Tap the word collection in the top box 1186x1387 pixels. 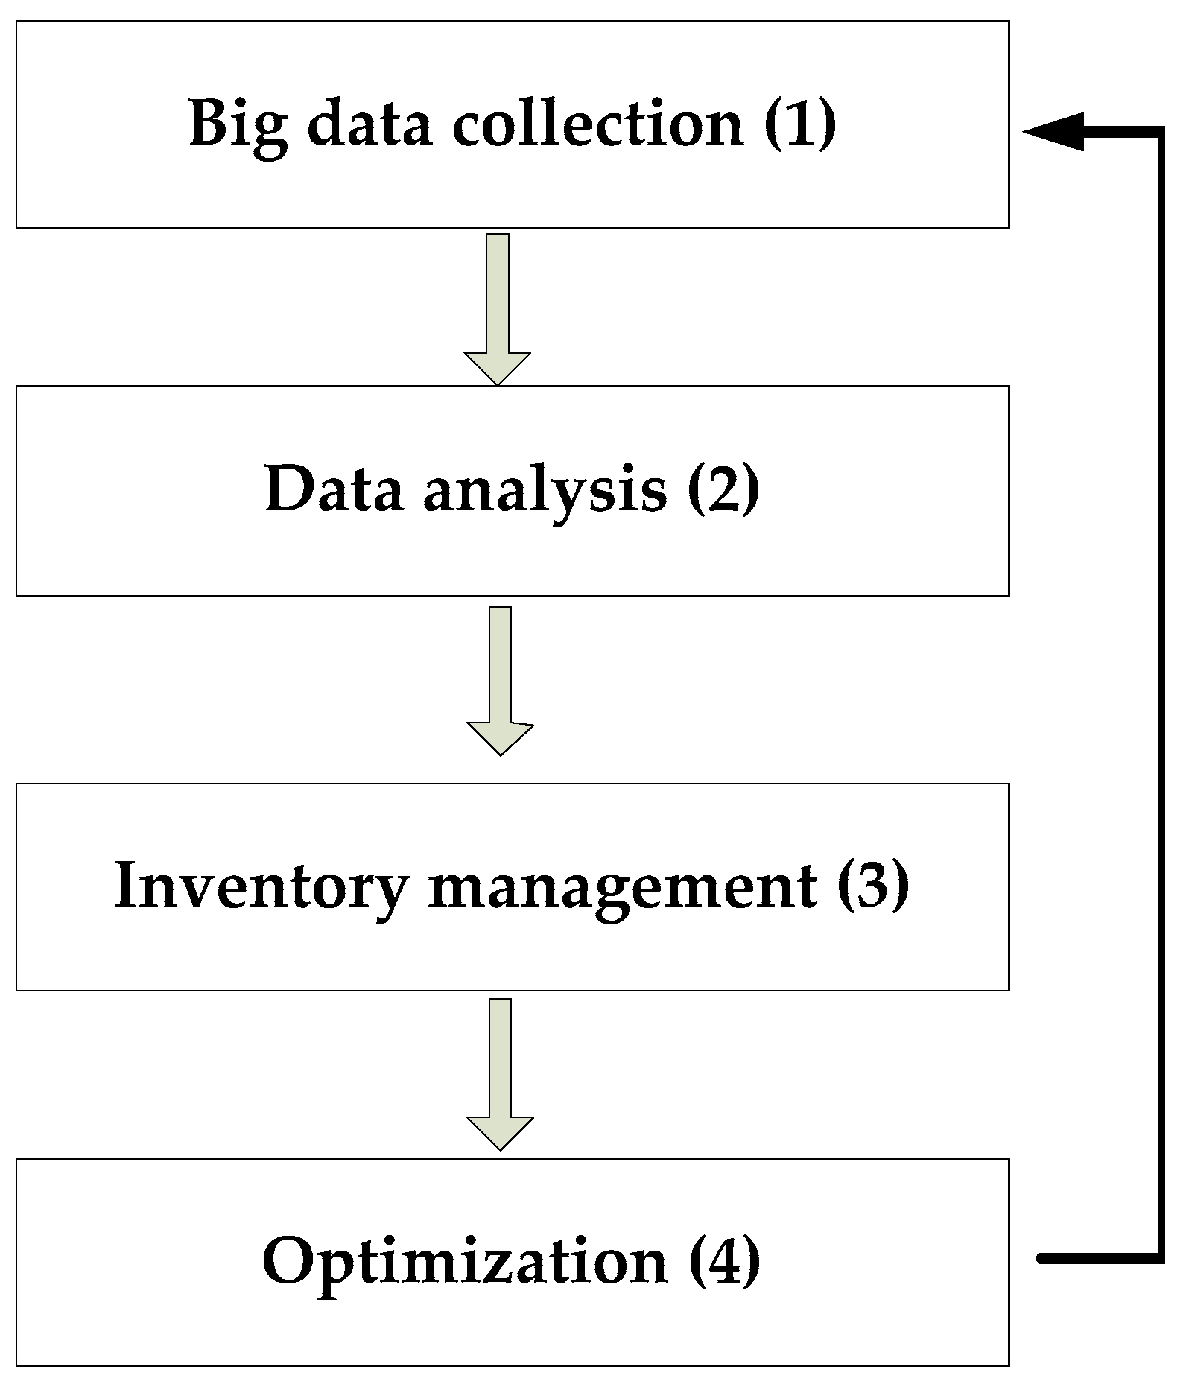click(598, 122)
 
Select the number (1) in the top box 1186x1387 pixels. click(800, 122)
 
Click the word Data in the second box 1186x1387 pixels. click(334, 489)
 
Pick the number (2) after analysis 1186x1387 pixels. click(723, 489)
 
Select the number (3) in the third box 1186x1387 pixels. click(873, 885)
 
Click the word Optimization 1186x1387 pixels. click(465, 1262)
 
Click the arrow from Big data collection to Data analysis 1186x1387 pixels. click(497, 308)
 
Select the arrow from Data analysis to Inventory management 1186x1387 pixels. click(500, 680)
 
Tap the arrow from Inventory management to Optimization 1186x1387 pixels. click(500, 1073)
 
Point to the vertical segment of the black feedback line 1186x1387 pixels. click(1160, 693)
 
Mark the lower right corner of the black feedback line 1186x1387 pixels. click(1160, 1258)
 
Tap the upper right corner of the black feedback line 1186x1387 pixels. click(1160, 132)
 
